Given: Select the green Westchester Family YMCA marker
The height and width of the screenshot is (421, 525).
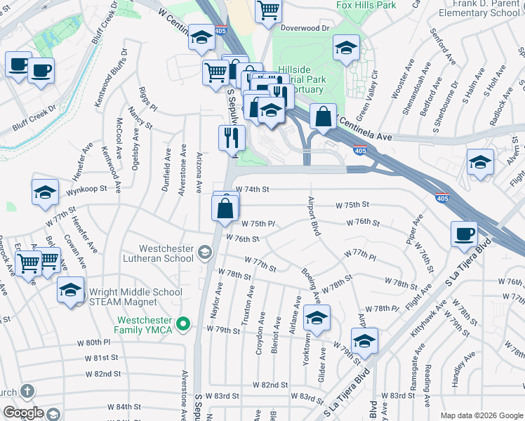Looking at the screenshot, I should coord(184,323).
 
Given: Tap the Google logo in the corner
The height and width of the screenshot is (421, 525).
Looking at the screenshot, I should coord(23,413).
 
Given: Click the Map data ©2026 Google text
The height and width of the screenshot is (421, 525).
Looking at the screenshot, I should coord(481,415).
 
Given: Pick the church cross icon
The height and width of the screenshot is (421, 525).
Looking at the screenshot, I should coord(27,392).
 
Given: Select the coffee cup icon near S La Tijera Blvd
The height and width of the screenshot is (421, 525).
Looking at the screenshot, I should coord(464,234).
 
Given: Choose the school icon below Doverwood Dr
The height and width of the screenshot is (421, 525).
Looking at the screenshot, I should coord(345,48).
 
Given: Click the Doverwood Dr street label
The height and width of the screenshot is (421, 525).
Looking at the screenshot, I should coord(305,28).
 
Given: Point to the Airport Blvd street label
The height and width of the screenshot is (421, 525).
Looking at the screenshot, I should coord(313,216).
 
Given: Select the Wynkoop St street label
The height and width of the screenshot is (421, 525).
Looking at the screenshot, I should coord(86,189).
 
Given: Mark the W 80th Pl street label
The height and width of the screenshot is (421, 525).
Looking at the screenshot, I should coord(98,343).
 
